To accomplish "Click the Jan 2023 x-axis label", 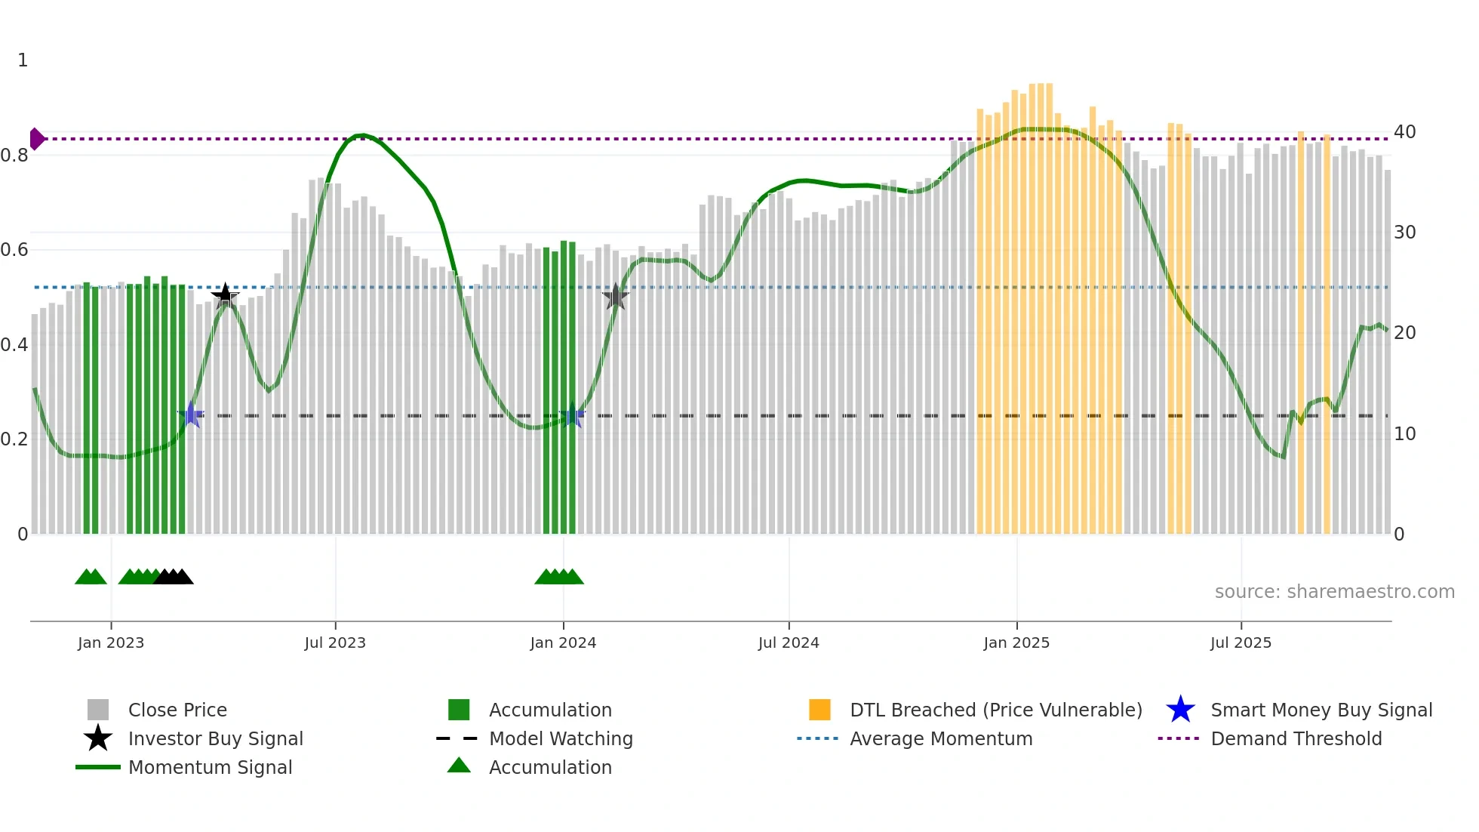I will coord(111,642).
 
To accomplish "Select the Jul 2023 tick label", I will coord(335,642).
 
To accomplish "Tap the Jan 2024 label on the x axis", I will coord(563,642).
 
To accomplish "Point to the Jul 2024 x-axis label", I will coord(789,642).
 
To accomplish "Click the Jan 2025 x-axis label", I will coord(1016,642).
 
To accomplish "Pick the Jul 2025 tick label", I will coord(1241,642).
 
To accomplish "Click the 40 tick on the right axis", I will coord(1404,132).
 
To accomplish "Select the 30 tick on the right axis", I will coord(1404,233).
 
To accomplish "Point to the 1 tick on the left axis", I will coord(23,60).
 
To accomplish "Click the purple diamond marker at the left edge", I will coord(36,139).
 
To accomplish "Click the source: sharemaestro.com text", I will coord(1334,592).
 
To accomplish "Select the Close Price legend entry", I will coord(177,710).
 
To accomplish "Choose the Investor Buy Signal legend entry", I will coord(215,738).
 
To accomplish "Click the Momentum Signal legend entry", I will coord(210,767).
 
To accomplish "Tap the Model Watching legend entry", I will coord(561,738).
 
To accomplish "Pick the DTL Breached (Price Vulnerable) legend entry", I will coord(995,710).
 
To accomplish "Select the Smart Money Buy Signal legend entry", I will coord(1321,710).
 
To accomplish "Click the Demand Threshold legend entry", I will coord(1296,738).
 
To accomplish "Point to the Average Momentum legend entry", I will coord(941,738).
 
